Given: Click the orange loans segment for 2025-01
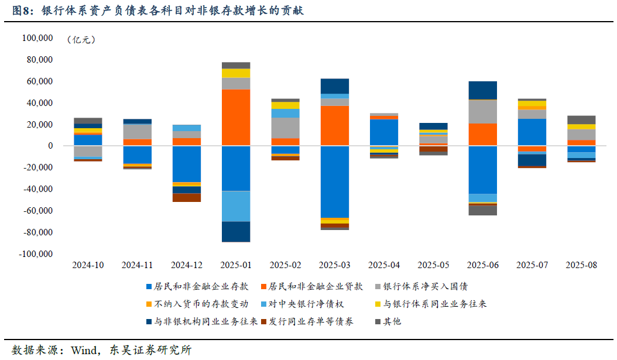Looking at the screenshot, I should [236, 117].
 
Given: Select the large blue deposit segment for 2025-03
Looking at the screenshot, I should [335, 181].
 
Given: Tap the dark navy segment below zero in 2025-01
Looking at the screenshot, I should [236, 231].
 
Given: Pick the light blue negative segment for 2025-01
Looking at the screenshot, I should [236, 206].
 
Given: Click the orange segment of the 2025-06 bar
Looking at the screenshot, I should [483, 134].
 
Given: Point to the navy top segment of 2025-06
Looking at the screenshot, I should [483, 90].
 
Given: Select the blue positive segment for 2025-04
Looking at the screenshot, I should [384, 132].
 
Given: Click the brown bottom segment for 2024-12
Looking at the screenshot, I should [187, 197].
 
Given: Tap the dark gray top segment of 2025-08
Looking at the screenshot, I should [581, 119].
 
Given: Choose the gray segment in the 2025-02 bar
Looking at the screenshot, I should [285, 128].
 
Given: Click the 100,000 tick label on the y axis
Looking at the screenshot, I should [37, 38].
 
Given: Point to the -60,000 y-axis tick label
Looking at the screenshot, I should [37, 211].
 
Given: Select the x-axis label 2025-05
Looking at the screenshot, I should [433, 265].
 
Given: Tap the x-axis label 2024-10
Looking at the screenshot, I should [88, 265].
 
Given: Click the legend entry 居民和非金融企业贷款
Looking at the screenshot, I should [315, 287].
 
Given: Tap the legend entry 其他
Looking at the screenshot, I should [392, 321].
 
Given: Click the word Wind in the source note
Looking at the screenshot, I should [83, 350].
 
